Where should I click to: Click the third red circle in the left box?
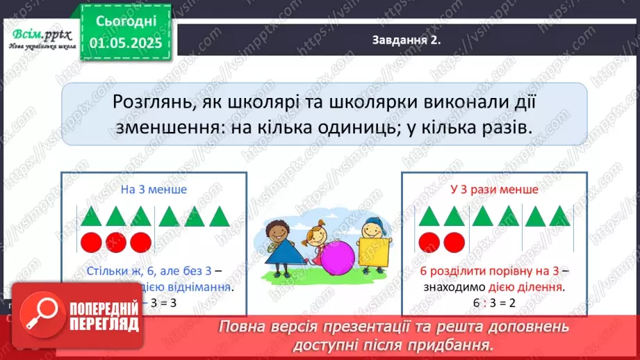(141, 243)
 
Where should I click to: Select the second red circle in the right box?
(454, 243)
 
